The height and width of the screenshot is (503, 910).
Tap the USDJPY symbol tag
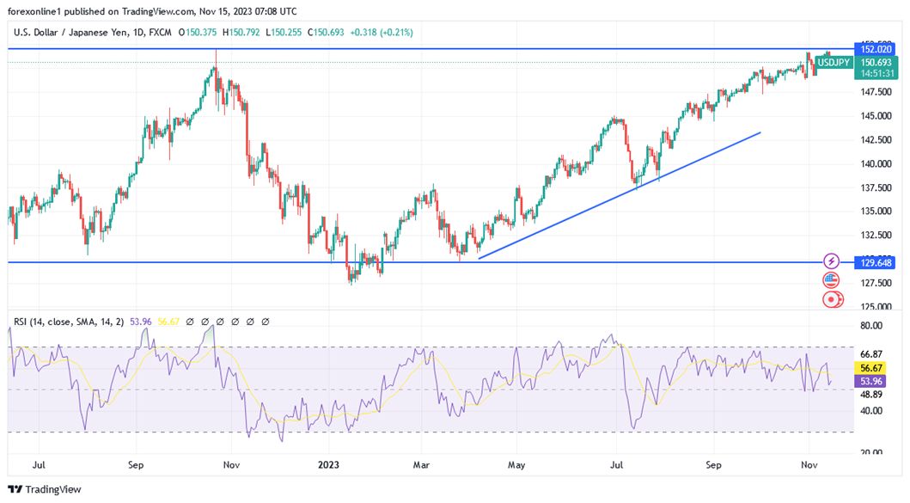tap(834, 63)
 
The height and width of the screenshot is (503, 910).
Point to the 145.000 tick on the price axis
tap(875, 115)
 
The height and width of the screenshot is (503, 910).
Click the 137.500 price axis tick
tap(875, 187)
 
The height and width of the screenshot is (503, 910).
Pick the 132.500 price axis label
tap(875, 235)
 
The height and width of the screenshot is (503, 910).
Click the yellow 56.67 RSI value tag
tap(871, 367)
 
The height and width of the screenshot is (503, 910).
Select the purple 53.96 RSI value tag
tap(871, 381)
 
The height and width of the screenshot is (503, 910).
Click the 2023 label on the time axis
tap(329, 465)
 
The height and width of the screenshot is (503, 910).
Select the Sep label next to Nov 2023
tap(713, 465)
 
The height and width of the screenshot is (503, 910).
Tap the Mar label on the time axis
tap(422, 465)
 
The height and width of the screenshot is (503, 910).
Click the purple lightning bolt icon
tap(831, 261)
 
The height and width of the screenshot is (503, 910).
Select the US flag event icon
tap(831, 280)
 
